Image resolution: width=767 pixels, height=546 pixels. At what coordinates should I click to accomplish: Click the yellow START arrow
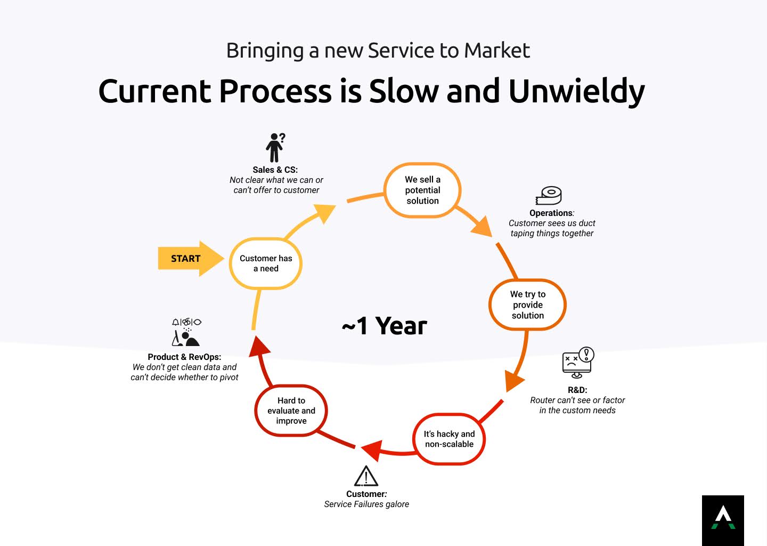pyautogui.click(x=190, y=259)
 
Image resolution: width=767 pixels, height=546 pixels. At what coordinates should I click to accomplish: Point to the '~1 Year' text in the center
pyautogui.click(x=384, y=326)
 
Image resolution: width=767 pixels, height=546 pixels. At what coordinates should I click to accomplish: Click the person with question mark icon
pyautogui.click(x=275, y=147)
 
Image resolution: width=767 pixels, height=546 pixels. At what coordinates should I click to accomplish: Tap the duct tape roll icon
pyautogui.click(x=549, y=195)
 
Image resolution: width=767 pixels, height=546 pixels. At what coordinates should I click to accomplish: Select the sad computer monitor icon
pyautogui.click(x=578, y=363)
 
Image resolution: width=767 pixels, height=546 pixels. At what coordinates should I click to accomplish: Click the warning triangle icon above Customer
pyautogui.click(x=366, y=476)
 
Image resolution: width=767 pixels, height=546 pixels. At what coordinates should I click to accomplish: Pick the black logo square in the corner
pyautogui.click(x=723, y=520)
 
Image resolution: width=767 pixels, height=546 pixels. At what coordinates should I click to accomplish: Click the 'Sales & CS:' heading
pyautogui.click(x=275, y=170)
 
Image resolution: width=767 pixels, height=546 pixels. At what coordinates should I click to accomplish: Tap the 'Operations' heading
pyautogui.click(x=551, y=213)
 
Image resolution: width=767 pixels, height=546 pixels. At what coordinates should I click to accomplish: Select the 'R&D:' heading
pyautogui.click(x=577, y=390)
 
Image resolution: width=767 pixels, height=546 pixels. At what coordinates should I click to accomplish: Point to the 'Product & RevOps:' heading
pyautogui.click(x=184, y=357)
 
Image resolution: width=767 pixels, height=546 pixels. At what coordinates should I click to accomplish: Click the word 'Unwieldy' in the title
pyautogui.click(x=577, y=91)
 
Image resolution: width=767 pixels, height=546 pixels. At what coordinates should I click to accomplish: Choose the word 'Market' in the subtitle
pyautogui.click(x=497, y=50)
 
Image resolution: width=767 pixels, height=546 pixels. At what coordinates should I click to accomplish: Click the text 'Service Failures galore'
pyautogui.click(x=366, y=504)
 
